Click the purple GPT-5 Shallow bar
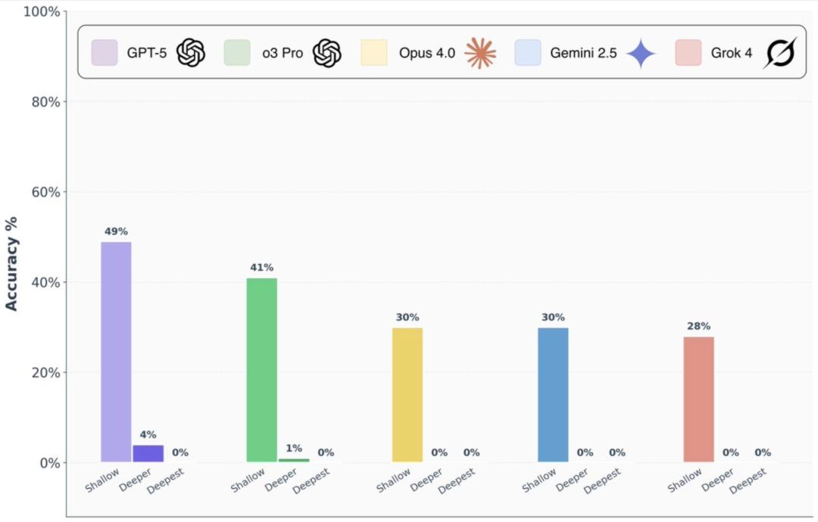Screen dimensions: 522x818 pos(116,352)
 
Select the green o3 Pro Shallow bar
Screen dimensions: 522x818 pos(262,370)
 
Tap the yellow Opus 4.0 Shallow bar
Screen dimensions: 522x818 pos(407,394)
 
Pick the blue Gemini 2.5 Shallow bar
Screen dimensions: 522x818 pos(553,394)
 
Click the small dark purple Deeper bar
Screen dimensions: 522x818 pos(148,453)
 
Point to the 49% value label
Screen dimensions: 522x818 pos(116,231)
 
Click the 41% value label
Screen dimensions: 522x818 pos(262,267)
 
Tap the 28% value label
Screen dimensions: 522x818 pos(698,326)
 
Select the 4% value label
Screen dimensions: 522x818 pos(148,434)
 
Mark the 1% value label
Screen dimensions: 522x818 pos(294,448)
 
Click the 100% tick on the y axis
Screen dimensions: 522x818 pos(42,12)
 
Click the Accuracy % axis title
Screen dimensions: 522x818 pos(11,263)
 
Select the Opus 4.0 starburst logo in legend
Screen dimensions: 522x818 pos(480,53)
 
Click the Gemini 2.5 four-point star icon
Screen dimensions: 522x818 pos(641,53)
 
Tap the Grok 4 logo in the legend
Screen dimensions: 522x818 pos(779,53)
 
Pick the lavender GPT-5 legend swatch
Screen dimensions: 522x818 pos(104,53)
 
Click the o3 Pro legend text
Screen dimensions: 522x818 pos(282,54)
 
